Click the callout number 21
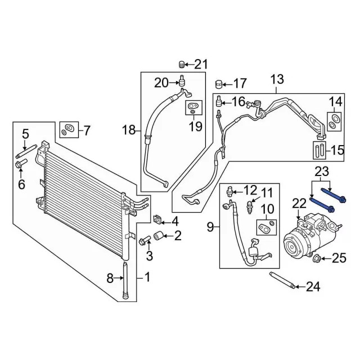tap(201, 63)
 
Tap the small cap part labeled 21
tap(182, 62)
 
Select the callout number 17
tap(240, 84)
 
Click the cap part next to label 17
tap(220, 85)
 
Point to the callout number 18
tap(129, 131)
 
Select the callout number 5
tap(25, 134)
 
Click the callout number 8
tap(110, 277)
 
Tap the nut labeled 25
tap(317, 259)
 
